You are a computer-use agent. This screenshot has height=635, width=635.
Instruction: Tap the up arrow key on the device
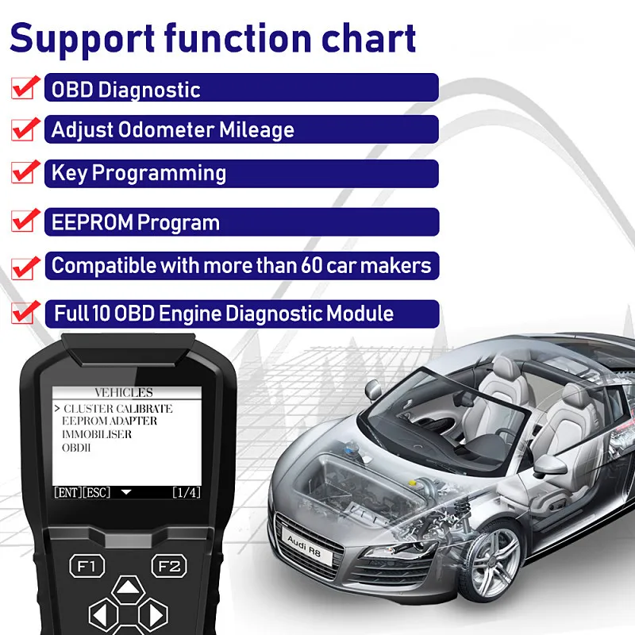click(126, 589)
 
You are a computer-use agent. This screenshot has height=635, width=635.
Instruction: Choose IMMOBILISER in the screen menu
click(97, 435)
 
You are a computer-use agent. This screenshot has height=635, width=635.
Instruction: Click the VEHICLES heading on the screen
click(124, 393)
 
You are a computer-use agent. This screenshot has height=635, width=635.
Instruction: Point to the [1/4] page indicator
click(187, 493)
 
